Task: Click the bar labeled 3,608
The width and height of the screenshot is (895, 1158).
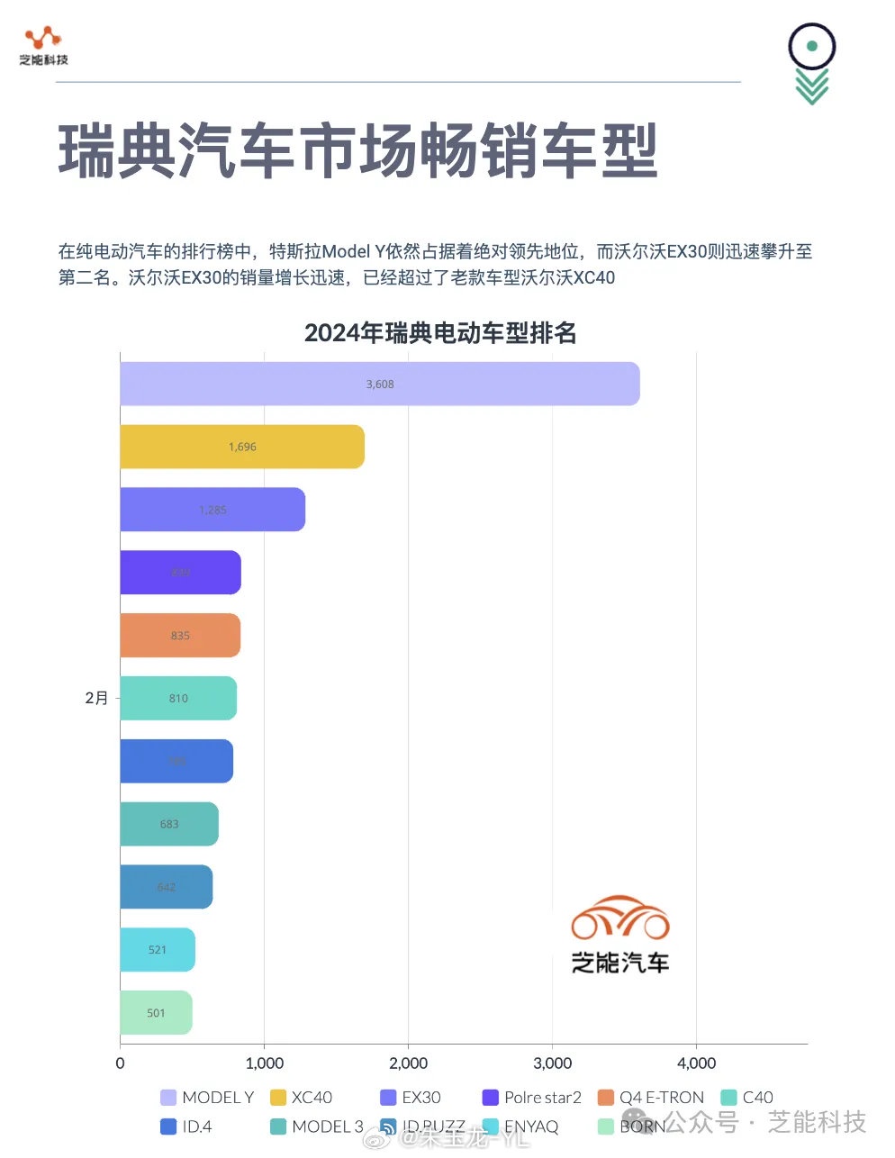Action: [x=379, y=384]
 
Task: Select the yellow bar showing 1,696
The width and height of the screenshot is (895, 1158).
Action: [x=242, y=447]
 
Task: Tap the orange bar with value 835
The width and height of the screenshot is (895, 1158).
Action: [x=180, y=636]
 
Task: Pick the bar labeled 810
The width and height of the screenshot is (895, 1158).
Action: [x=178, y=698]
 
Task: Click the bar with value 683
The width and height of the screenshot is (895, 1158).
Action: [x=169, y=824]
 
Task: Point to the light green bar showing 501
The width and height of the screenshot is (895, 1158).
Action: [x=156, y=1013]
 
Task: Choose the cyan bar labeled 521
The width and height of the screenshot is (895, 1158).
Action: [x=158, y=950]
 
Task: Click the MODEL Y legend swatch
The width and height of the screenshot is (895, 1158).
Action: [x=168, y=1098]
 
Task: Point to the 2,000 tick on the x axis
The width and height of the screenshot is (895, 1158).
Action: [x=408, y=1063]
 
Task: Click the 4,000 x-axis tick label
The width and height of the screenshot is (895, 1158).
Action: [x=696, y=1063]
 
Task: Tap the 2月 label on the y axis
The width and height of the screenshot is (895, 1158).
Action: [x=96, y=698]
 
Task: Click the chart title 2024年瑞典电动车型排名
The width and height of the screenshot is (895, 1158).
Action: [x=440, y=333]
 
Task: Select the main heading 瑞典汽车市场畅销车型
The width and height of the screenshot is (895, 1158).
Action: [x=358, y=151]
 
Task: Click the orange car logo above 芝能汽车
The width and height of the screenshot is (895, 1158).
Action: [x=620, y=918]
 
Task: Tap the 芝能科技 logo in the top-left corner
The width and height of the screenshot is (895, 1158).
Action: [x=43, y=46]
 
